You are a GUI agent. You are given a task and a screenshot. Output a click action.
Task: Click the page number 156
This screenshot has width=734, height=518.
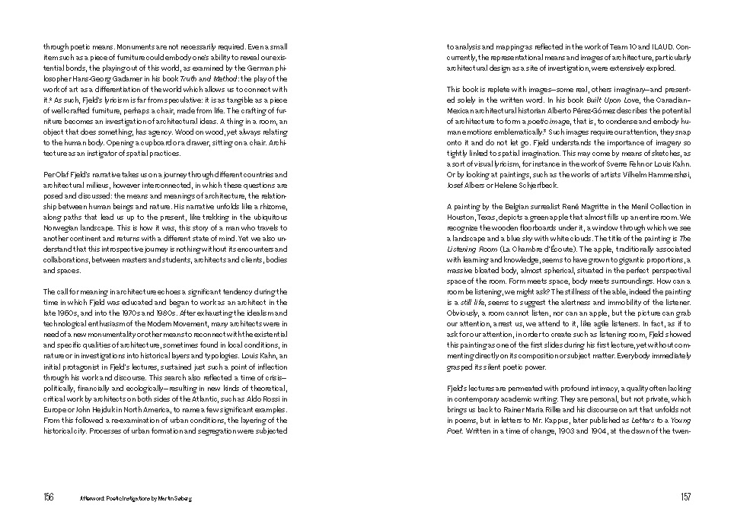pos(48,497)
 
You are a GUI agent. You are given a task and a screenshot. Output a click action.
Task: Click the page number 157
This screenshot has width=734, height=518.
pos(685,497)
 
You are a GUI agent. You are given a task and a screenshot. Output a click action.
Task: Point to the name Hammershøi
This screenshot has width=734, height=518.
pos(667,174)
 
